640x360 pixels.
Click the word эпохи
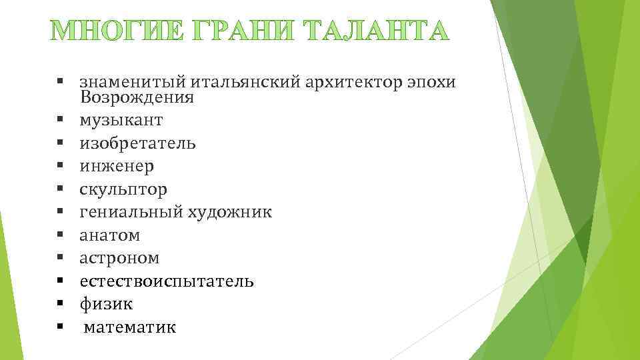tap(431, 83)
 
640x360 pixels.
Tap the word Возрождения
tap(137, 98)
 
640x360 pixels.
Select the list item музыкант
tap(121, 121)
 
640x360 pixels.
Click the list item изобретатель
tap(138, 144)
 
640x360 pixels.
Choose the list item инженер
tap(117, 167)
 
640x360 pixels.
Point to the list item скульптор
tap(124, 190)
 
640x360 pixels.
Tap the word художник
tap(230, 213)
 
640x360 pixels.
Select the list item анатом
tap(109, 235)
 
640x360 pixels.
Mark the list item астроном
tap(119, 258)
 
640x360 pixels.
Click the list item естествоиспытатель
tap(167, 281)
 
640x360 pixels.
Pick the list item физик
tap(107, 305)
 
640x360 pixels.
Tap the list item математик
tap(131, 327)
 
